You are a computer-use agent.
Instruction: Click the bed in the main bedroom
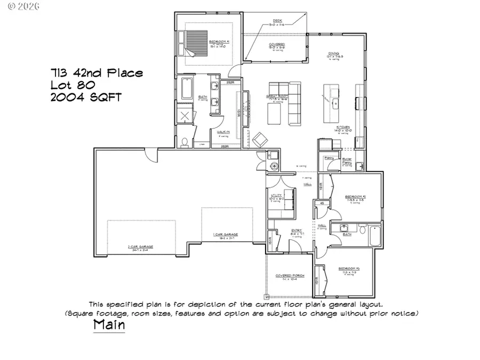tap(194, 44)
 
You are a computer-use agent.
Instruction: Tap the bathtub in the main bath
tap(186, 89)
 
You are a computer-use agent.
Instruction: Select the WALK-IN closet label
tap(223, 132)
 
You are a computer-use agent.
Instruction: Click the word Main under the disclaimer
tap(109, 324)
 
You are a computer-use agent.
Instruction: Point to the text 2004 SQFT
tap(86, 97)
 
